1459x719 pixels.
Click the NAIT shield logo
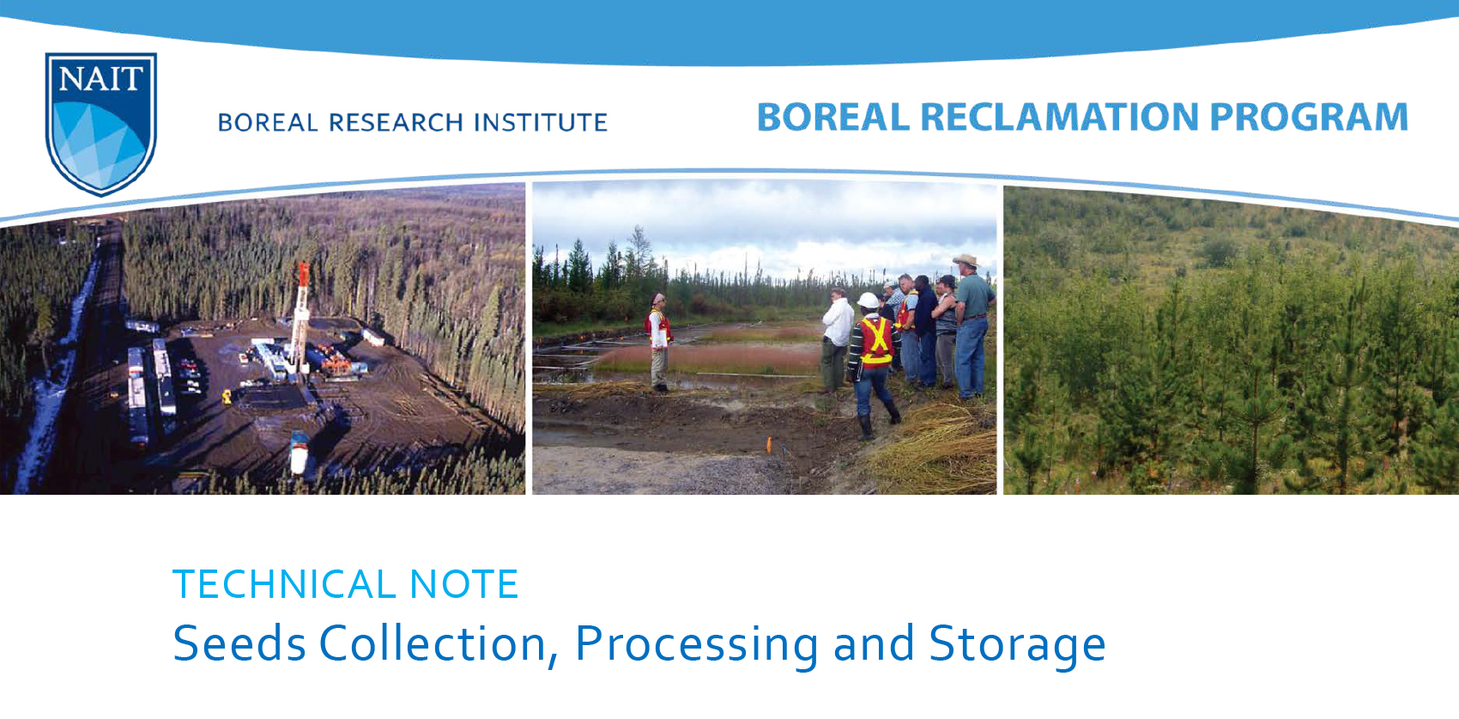pos(100,122)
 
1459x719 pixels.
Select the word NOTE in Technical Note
pos(463,585)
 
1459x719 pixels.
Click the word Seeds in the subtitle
pos(239,643)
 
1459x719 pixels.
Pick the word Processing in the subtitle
pos(696,645)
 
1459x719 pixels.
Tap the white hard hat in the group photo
pos(869,301)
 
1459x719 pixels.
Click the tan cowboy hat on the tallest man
pos(966,260)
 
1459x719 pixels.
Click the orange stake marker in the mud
pos(770,444)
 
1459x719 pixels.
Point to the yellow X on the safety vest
pos(877,338)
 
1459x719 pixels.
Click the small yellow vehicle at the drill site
pos(227,396)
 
